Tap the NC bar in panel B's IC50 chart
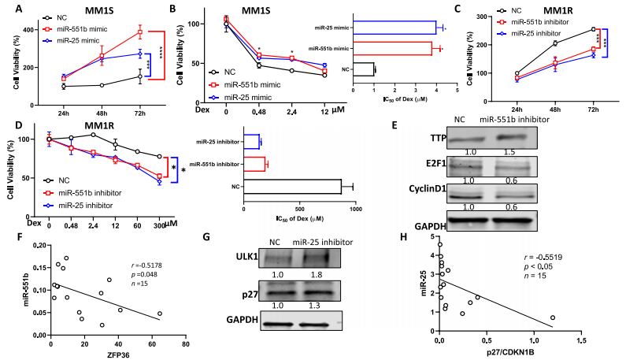click(x=364, y=69)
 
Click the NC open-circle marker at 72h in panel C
click(x=591, y=30)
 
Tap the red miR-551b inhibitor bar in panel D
click(x=254, y=164)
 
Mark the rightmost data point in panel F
click(x=160, y=314)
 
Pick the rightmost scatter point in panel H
click(x=553, y=317)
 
